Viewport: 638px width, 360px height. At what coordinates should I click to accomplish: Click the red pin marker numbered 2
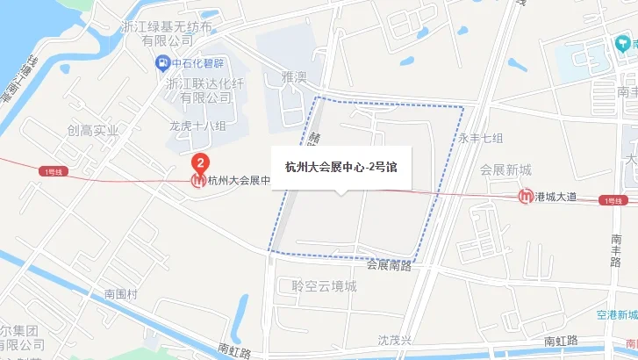pos(200,162)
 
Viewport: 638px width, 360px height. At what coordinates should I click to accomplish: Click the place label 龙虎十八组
pos(197,126)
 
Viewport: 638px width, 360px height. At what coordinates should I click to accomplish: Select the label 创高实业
pos(91,131)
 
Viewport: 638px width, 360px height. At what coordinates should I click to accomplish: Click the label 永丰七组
pos(480,138)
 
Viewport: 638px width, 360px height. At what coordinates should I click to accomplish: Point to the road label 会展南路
pos(389,263)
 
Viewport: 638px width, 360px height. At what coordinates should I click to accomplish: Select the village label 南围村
pos(121,293)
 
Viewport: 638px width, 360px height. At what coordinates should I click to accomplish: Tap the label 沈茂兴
pos(394,339)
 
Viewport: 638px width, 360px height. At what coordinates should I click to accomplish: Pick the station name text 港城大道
pos(556,197)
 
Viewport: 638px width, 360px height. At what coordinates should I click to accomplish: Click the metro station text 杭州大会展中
pos(238,181)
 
